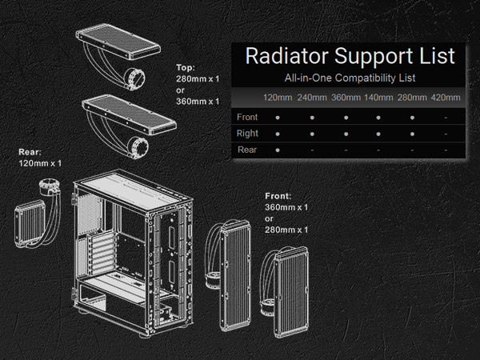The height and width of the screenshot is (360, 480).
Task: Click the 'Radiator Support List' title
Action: [x=350, y=56]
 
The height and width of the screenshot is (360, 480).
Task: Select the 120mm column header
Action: [x=277, y=98]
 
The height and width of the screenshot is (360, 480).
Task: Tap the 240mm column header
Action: [x=311, y=98]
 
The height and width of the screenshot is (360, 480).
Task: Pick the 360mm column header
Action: [x=345, y=98]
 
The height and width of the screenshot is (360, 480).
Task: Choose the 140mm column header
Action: [x=378, y=98]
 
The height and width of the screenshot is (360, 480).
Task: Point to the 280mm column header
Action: [x=412, y=98]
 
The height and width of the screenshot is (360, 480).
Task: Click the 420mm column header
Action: [x=446, y=98]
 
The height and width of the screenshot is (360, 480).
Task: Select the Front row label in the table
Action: [x=247, y=117]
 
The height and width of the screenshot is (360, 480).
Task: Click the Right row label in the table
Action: [x=247, y=133]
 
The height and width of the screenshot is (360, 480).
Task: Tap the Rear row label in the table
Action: [x=247, y=149]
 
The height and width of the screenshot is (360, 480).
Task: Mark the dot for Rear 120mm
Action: [x=277, y=149]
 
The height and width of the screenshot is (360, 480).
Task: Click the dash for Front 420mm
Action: [x=446, y=117]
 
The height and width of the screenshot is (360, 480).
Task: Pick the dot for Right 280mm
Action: [x=412, y=133]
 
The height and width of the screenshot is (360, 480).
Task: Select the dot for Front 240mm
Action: [x=311, y=117]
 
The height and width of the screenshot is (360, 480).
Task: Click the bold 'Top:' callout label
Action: [x=186, y=68]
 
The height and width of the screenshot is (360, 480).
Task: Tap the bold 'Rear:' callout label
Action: [x=30, y=152]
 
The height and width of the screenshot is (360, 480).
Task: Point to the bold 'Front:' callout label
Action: [x=279, y=196]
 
